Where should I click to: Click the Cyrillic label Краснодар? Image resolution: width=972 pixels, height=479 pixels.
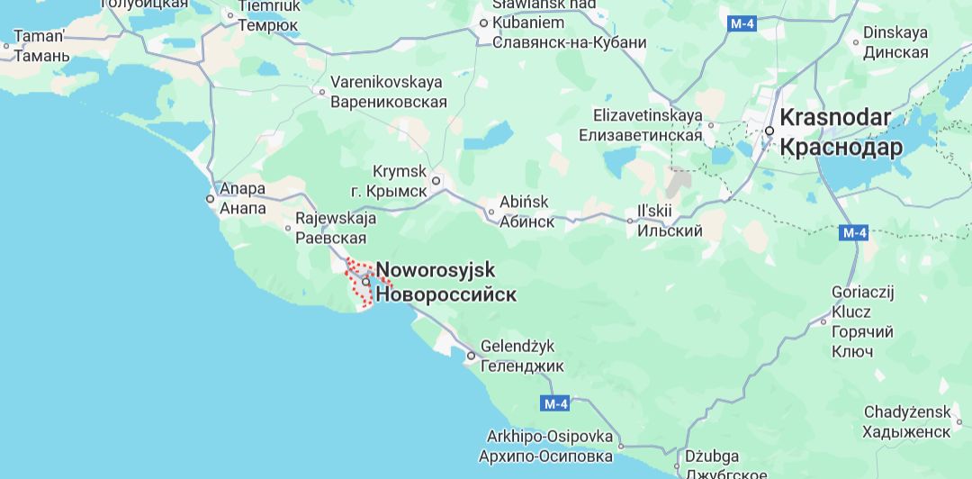(x=841, y=148)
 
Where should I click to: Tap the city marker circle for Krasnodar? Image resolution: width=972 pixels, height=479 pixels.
(x=770, y=131)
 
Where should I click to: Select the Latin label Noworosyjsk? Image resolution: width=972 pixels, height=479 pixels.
(x=436, y=270)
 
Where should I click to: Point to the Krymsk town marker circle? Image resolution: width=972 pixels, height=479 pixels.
(x=436, y=180)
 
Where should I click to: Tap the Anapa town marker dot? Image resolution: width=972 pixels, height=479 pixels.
(x=210, y=198)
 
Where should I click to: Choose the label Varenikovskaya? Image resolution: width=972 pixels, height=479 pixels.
(x=388, y=82)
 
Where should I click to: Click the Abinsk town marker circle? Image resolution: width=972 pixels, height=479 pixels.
(x=491, y=212)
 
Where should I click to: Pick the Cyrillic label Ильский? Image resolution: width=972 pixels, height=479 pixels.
(x=670, y=230)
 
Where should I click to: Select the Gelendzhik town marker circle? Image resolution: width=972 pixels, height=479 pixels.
(x=471, y=357)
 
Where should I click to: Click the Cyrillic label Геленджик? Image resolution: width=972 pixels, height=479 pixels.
(x=522, y=366)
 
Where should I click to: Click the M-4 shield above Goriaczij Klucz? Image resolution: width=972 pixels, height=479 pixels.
(x=854, y=233)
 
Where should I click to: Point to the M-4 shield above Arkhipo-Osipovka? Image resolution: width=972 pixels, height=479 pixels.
(x=555, y=402)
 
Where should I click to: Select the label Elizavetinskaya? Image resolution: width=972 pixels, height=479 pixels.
(x=647, y=116)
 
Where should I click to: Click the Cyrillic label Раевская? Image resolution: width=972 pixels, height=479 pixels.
(x=331, y=238)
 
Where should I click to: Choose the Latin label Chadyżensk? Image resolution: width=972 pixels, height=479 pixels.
(x=907, y=412)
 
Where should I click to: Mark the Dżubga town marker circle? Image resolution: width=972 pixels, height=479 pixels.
(x=677, y=467)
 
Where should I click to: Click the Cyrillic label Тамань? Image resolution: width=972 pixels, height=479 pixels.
(x=41, y=56)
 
